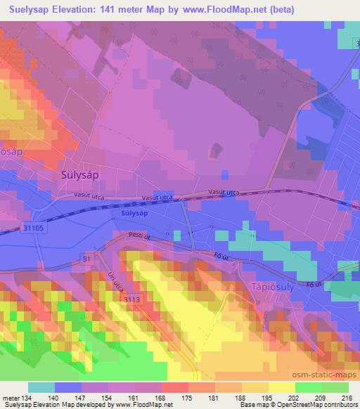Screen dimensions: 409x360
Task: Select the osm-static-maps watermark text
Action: [328, 370]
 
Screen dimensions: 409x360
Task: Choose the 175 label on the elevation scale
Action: [188, 397]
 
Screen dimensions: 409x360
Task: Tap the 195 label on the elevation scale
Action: [268, 397]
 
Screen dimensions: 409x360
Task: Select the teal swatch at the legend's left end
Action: [42, 387]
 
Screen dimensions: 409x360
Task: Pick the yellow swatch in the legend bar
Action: [282, 387]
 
